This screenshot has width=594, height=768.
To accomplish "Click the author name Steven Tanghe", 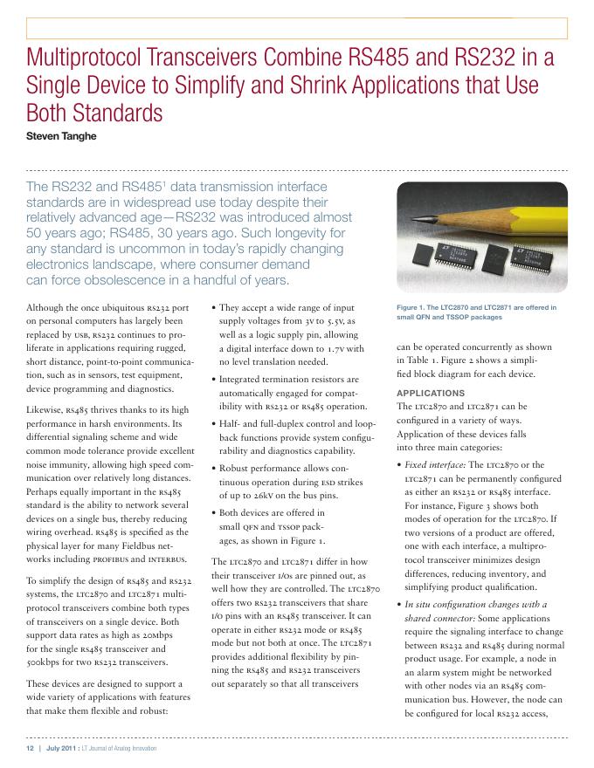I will [x=61, y=135].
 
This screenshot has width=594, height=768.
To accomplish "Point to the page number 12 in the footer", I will [x=31, y=749].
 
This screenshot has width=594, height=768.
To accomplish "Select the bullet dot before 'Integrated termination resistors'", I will [x=215, y=380].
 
